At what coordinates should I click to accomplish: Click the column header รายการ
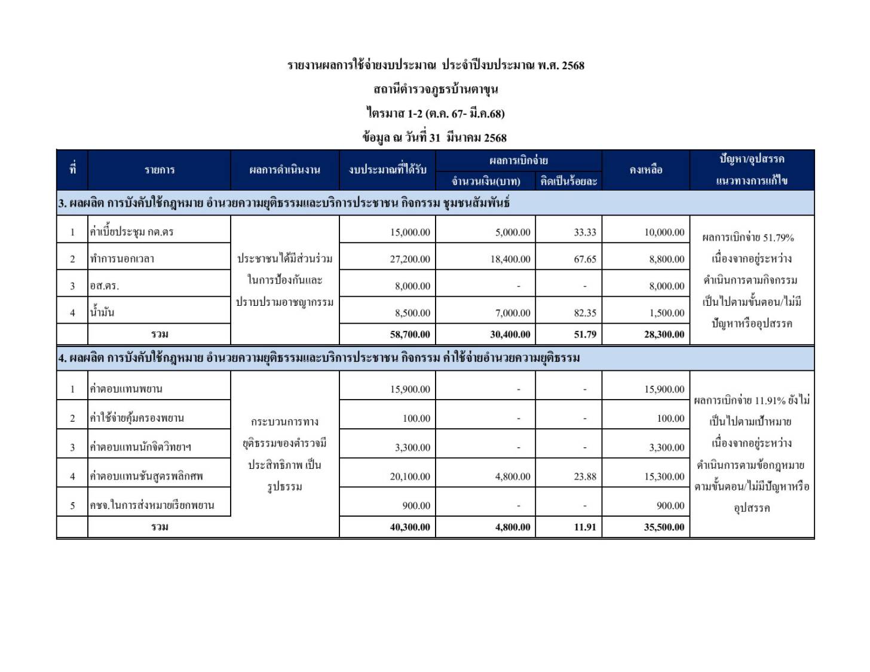(x=160, y=170)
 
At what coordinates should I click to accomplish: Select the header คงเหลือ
(x=646, y=170)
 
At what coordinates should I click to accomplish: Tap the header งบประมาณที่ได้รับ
(x=387, y=170)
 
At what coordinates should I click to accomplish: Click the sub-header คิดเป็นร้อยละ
(x=568, y=181)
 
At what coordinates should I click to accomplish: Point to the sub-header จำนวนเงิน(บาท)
(x=485, y=181)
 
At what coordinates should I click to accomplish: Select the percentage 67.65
(x=584, y=259)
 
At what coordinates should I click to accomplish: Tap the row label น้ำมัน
(x=102, y=312)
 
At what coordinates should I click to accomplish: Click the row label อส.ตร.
(x=105, y=286)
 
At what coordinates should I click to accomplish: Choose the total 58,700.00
(x=410, y=335)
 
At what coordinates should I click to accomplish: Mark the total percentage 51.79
(x=584, y=335)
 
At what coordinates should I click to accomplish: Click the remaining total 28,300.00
(x=664, y=335)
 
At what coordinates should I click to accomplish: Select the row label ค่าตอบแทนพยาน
(x=126, y=389)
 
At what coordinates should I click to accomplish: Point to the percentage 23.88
(x=584, y=477)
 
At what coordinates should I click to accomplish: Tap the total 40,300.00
(x=410, y=527)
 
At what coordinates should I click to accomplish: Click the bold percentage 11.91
(x=584, y=527)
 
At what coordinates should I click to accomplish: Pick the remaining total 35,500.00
(x=664, y=527)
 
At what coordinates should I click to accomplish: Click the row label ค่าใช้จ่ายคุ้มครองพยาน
(x=137, y=418)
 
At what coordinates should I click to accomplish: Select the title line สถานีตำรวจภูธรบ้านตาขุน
(x=436, y=90)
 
